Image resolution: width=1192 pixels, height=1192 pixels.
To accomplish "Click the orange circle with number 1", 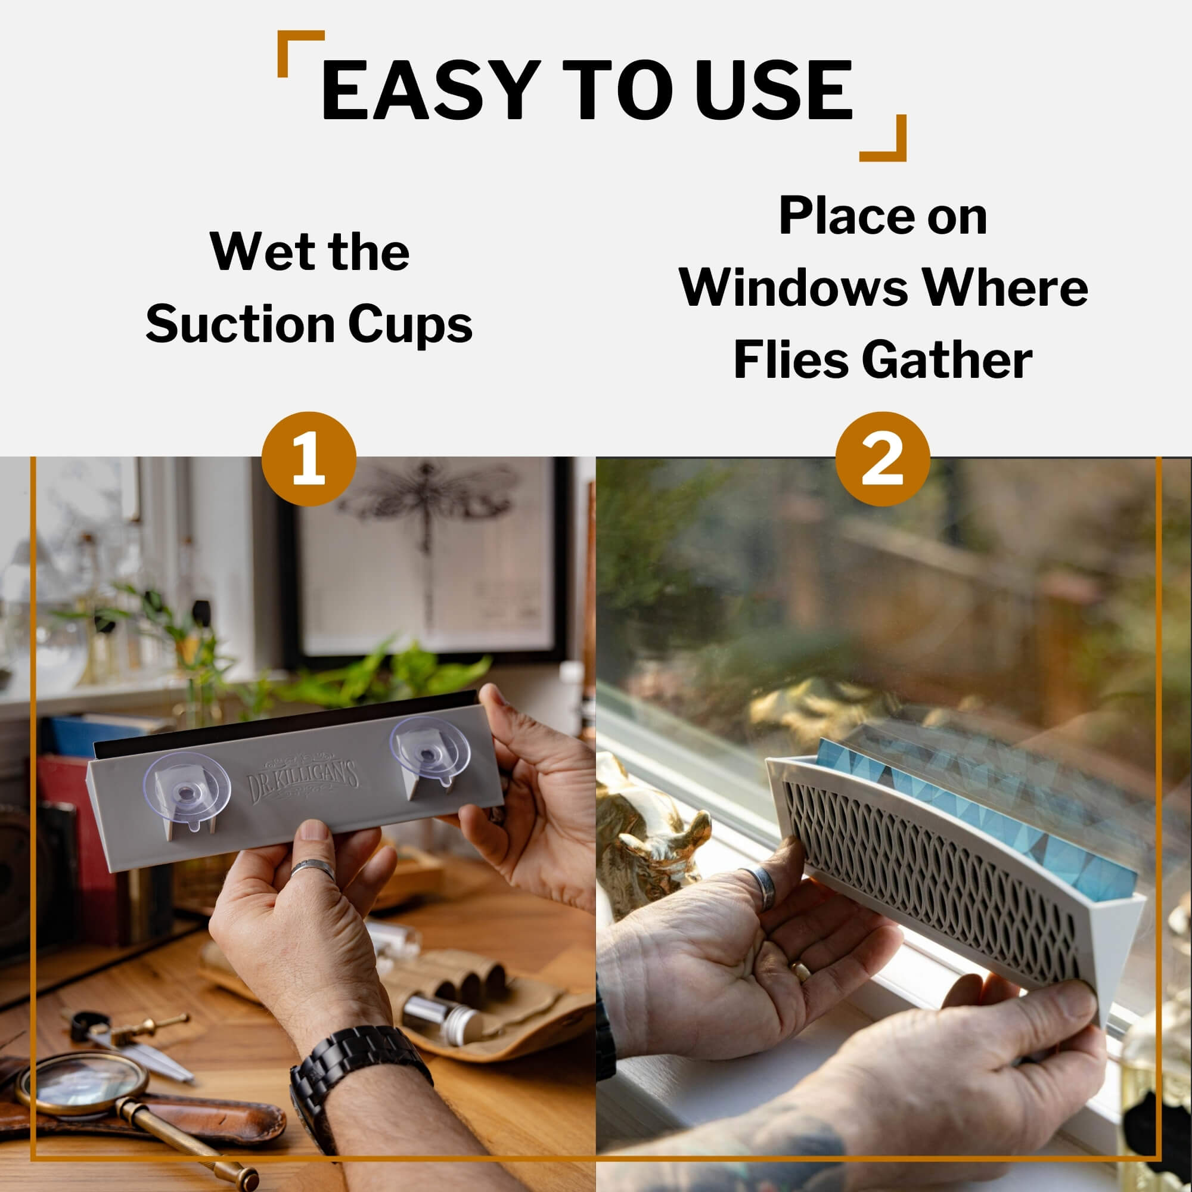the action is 309,459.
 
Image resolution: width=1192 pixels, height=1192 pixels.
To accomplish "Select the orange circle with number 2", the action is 882,459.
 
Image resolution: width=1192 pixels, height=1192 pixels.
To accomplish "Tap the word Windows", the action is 793,287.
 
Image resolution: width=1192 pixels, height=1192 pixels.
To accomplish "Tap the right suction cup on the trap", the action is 431,751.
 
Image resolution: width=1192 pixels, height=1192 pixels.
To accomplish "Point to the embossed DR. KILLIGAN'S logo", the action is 302,779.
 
